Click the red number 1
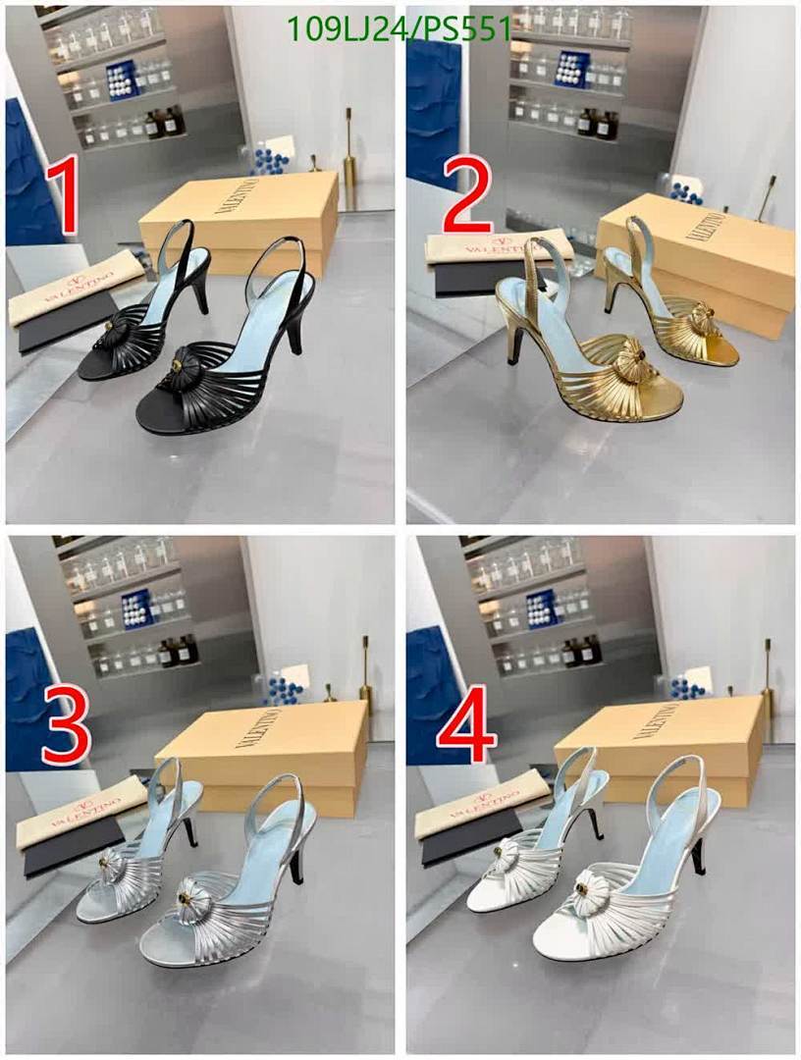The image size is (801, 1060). pyautogui.click(x=61, y=199)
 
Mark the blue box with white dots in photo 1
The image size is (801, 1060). pyautogui.click(x=123, y=79)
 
